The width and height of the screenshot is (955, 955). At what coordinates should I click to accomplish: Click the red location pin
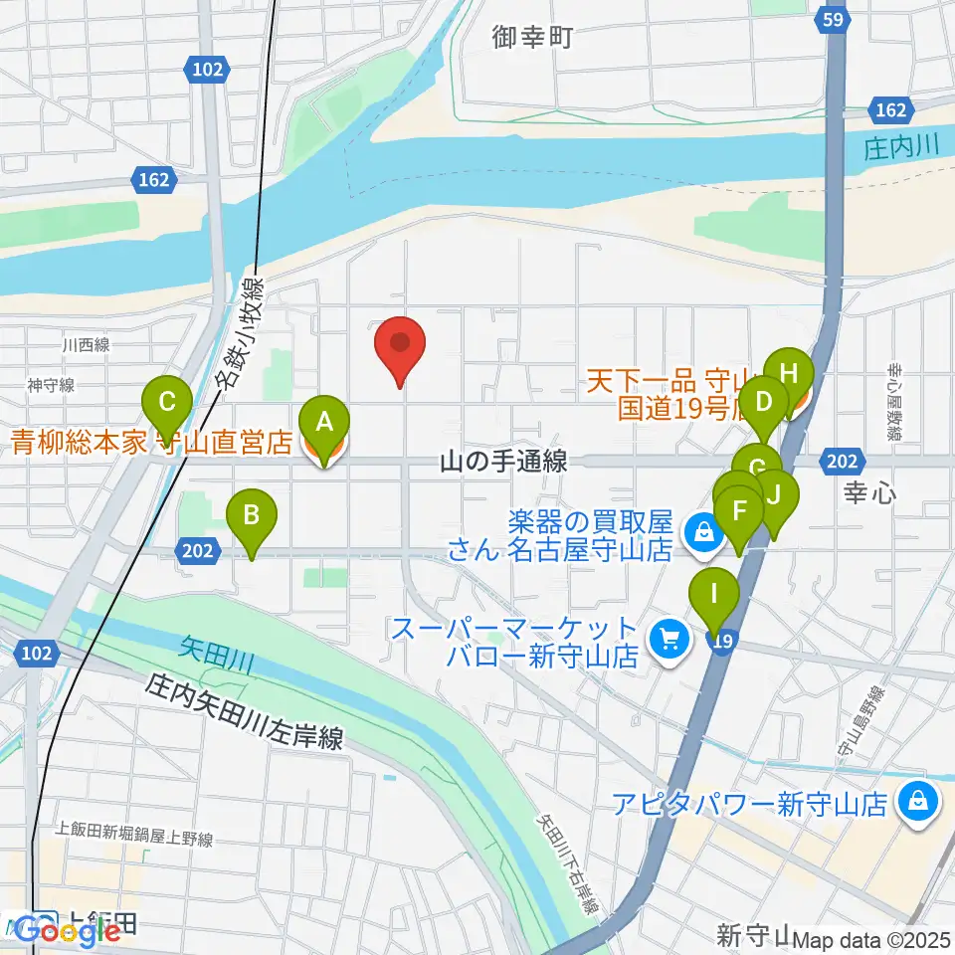[x=400, y=346]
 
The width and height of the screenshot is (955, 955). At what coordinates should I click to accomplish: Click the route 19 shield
[x=723, y=645]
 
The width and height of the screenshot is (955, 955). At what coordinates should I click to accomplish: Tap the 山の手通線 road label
[x=503, y=461]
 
